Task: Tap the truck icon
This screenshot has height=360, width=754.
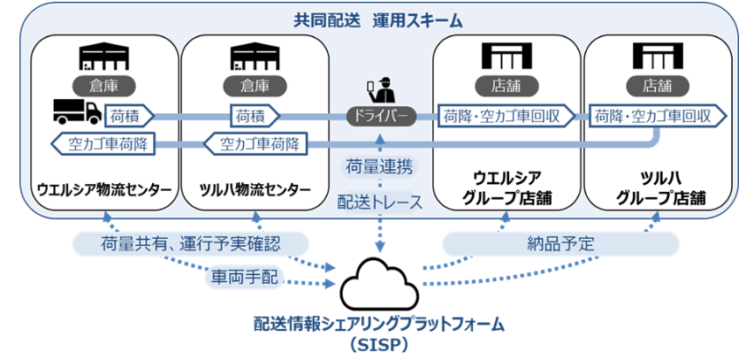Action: (x=76, y=111)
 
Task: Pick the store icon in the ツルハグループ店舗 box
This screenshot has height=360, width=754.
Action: (x=658, y=56)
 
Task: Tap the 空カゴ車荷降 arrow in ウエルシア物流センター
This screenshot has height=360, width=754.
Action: (x=102, y=142)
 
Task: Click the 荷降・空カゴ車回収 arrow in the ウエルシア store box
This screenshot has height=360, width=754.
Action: (x=505, y=115)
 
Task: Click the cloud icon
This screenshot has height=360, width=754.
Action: (x=379, y=280)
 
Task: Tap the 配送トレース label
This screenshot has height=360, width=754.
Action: (x=380, y=203)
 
